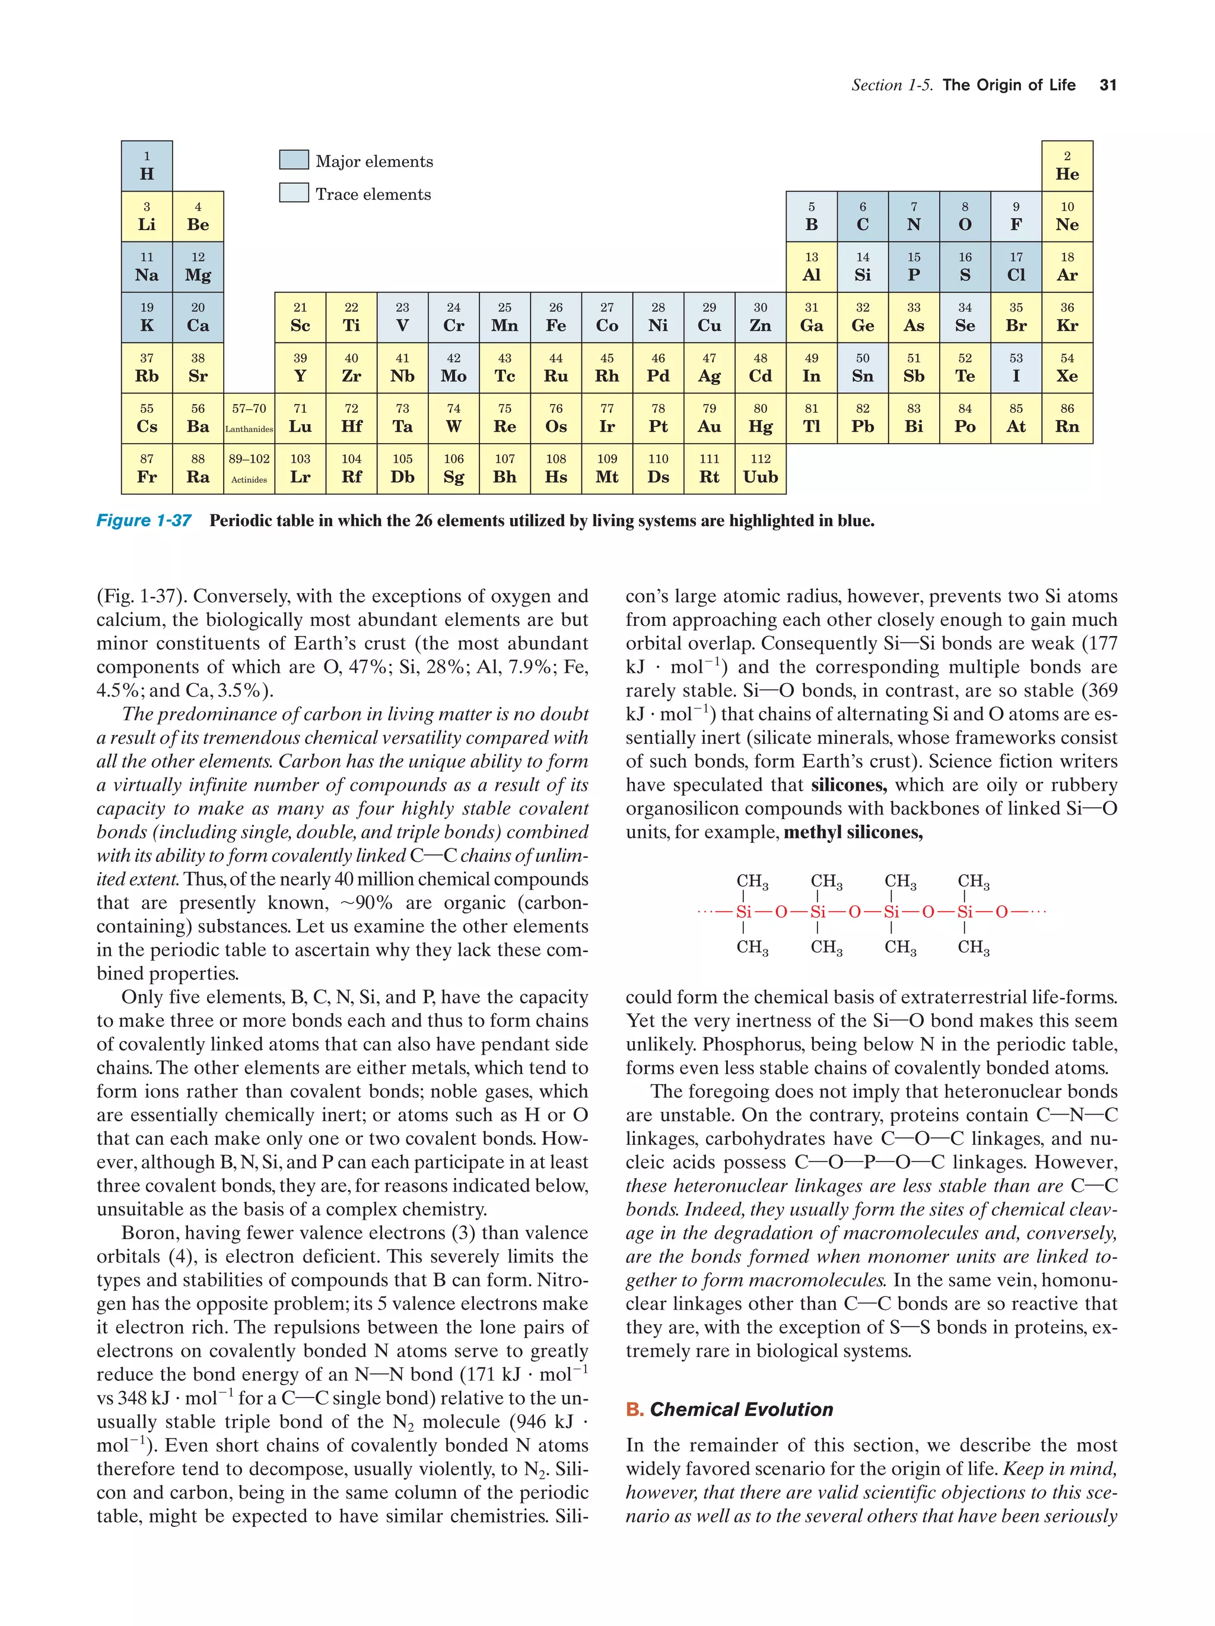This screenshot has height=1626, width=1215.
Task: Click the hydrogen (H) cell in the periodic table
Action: [x=147, y=166]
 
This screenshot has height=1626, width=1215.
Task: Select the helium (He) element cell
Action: [x=1067, y=166]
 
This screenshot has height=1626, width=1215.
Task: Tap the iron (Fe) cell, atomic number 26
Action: [x=556, y=317]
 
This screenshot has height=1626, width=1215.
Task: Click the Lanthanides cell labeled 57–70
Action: [x=249, y=418]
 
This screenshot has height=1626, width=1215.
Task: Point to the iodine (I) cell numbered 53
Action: [x=1016, y=368]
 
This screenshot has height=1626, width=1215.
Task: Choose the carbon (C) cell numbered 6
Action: [x=862, y=217]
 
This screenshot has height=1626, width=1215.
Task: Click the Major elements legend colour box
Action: [x=293, y=160]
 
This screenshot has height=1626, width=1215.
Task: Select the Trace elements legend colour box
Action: [x=293, y=193]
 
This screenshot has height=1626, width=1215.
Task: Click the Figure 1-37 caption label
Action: [x=144, y=520]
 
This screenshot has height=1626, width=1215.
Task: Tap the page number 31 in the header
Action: [x=1108, y=85]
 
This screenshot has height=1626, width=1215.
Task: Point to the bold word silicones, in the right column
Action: [x=848, y=785]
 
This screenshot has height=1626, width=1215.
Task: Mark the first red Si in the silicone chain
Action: [x=743, y=912]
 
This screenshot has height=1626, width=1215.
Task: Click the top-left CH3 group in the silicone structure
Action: [x=752, y=882]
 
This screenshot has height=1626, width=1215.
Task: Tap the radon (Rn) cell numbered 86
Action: [x=1067, y=418]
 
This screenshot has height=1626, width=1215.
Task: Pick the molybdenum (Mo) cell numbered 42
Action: [x=453, y=368]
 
